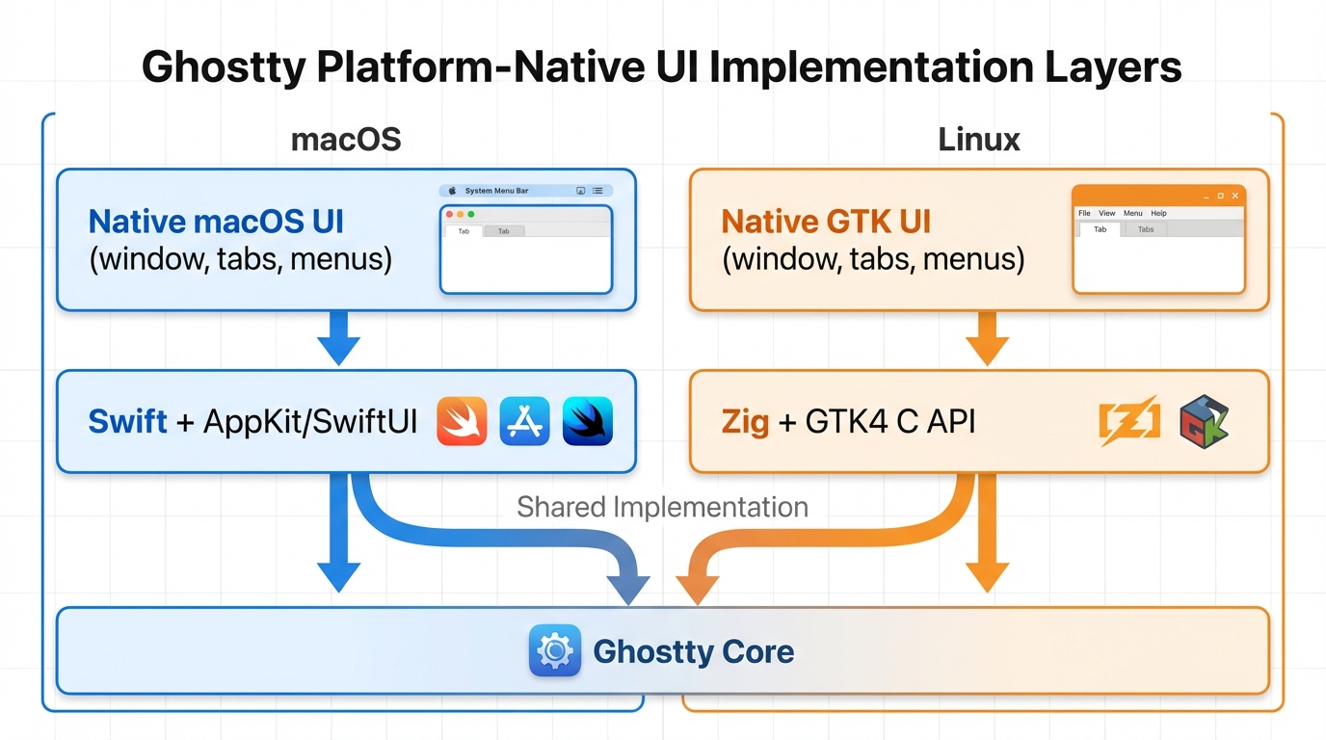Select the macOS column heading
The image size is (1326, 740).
pyautogui.click(x=346, y=140)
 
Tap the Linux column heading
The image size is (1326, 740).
pyautogui.click(x=979, y=140)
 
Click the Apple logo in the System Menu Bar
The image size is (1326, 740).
pyautogui.click(x=453, y=191)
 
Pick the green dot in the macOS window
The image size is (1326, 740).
pyautogui.click(x=471, y=214)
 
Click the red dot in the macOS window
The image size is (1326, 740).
pyautogui.click(x=450, y=214)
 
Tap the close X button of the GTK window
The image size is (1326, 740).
pyautogui.click(x=1235, y=196)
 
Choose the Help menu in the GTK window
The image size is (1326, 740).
pyautogui.click(x=1158, y=213)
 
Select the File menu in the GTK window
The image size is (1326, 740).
pyautogui.click(x=1084, y=213)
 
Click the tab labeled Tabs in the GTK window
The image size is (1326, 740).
pyautogui.click(x=1146, y=229)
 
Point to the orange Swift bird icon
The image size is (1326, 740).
pyautogui.click(x=462, y=421)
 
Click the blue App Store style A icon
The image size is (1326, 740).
pyautogui.click(x=524, y=421)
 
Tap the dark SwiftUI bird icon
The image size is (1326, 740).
pyautogui.click(x=587, y=421)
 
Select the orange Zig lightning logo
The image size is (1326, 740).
pyautogui.click(x=1129, y=421)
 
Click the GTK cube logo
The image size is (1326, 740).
pyautogui.click(x=1204, y=421)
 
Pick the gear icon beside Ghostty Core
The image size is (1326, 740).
pyautogui.click(x=555, y=650)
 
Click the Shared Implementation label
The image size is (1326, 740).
pyautogui.click(x=662, y=507)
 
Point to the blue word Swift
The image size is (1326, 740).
pyautogui.click(x=127, y=421)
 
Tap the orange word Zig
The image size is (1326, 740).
pyautogui.click(x=745, y=421)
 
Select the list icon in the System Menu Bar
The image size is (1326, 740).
pyautogui.click(x=597, y=191)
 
